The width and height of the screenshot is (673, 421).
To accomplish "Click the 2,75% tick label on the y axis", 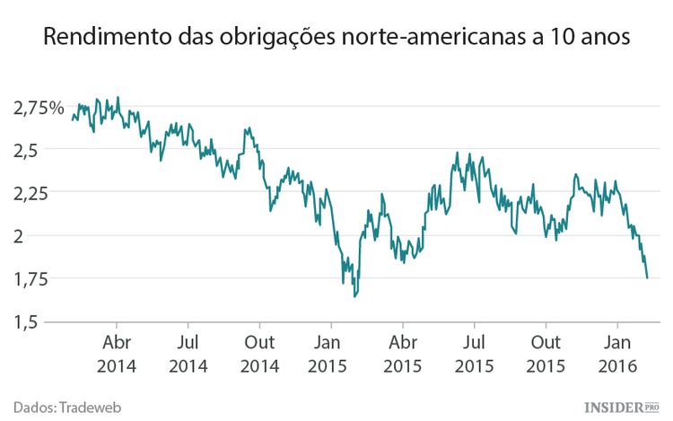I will pyautogui.click(x=39, y=108).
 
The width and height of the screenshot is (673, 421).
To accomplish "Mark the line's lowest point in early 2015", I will pyautogui.click(x=354, y=296).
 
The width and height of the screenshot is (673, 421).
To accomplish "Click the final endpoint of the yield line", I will pyautogui.click(x=647, y=278).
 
